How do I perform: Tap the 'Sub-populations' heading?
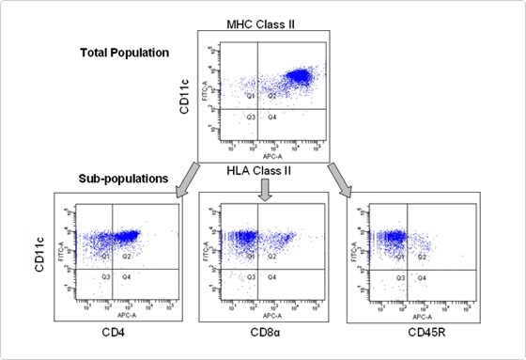click(123, 176)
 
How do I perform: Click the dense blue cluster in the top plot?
click(300, 76)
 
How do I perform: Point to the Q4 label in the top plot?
click(271, 117)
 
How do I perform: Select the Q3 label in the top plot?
click(251, 117)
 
